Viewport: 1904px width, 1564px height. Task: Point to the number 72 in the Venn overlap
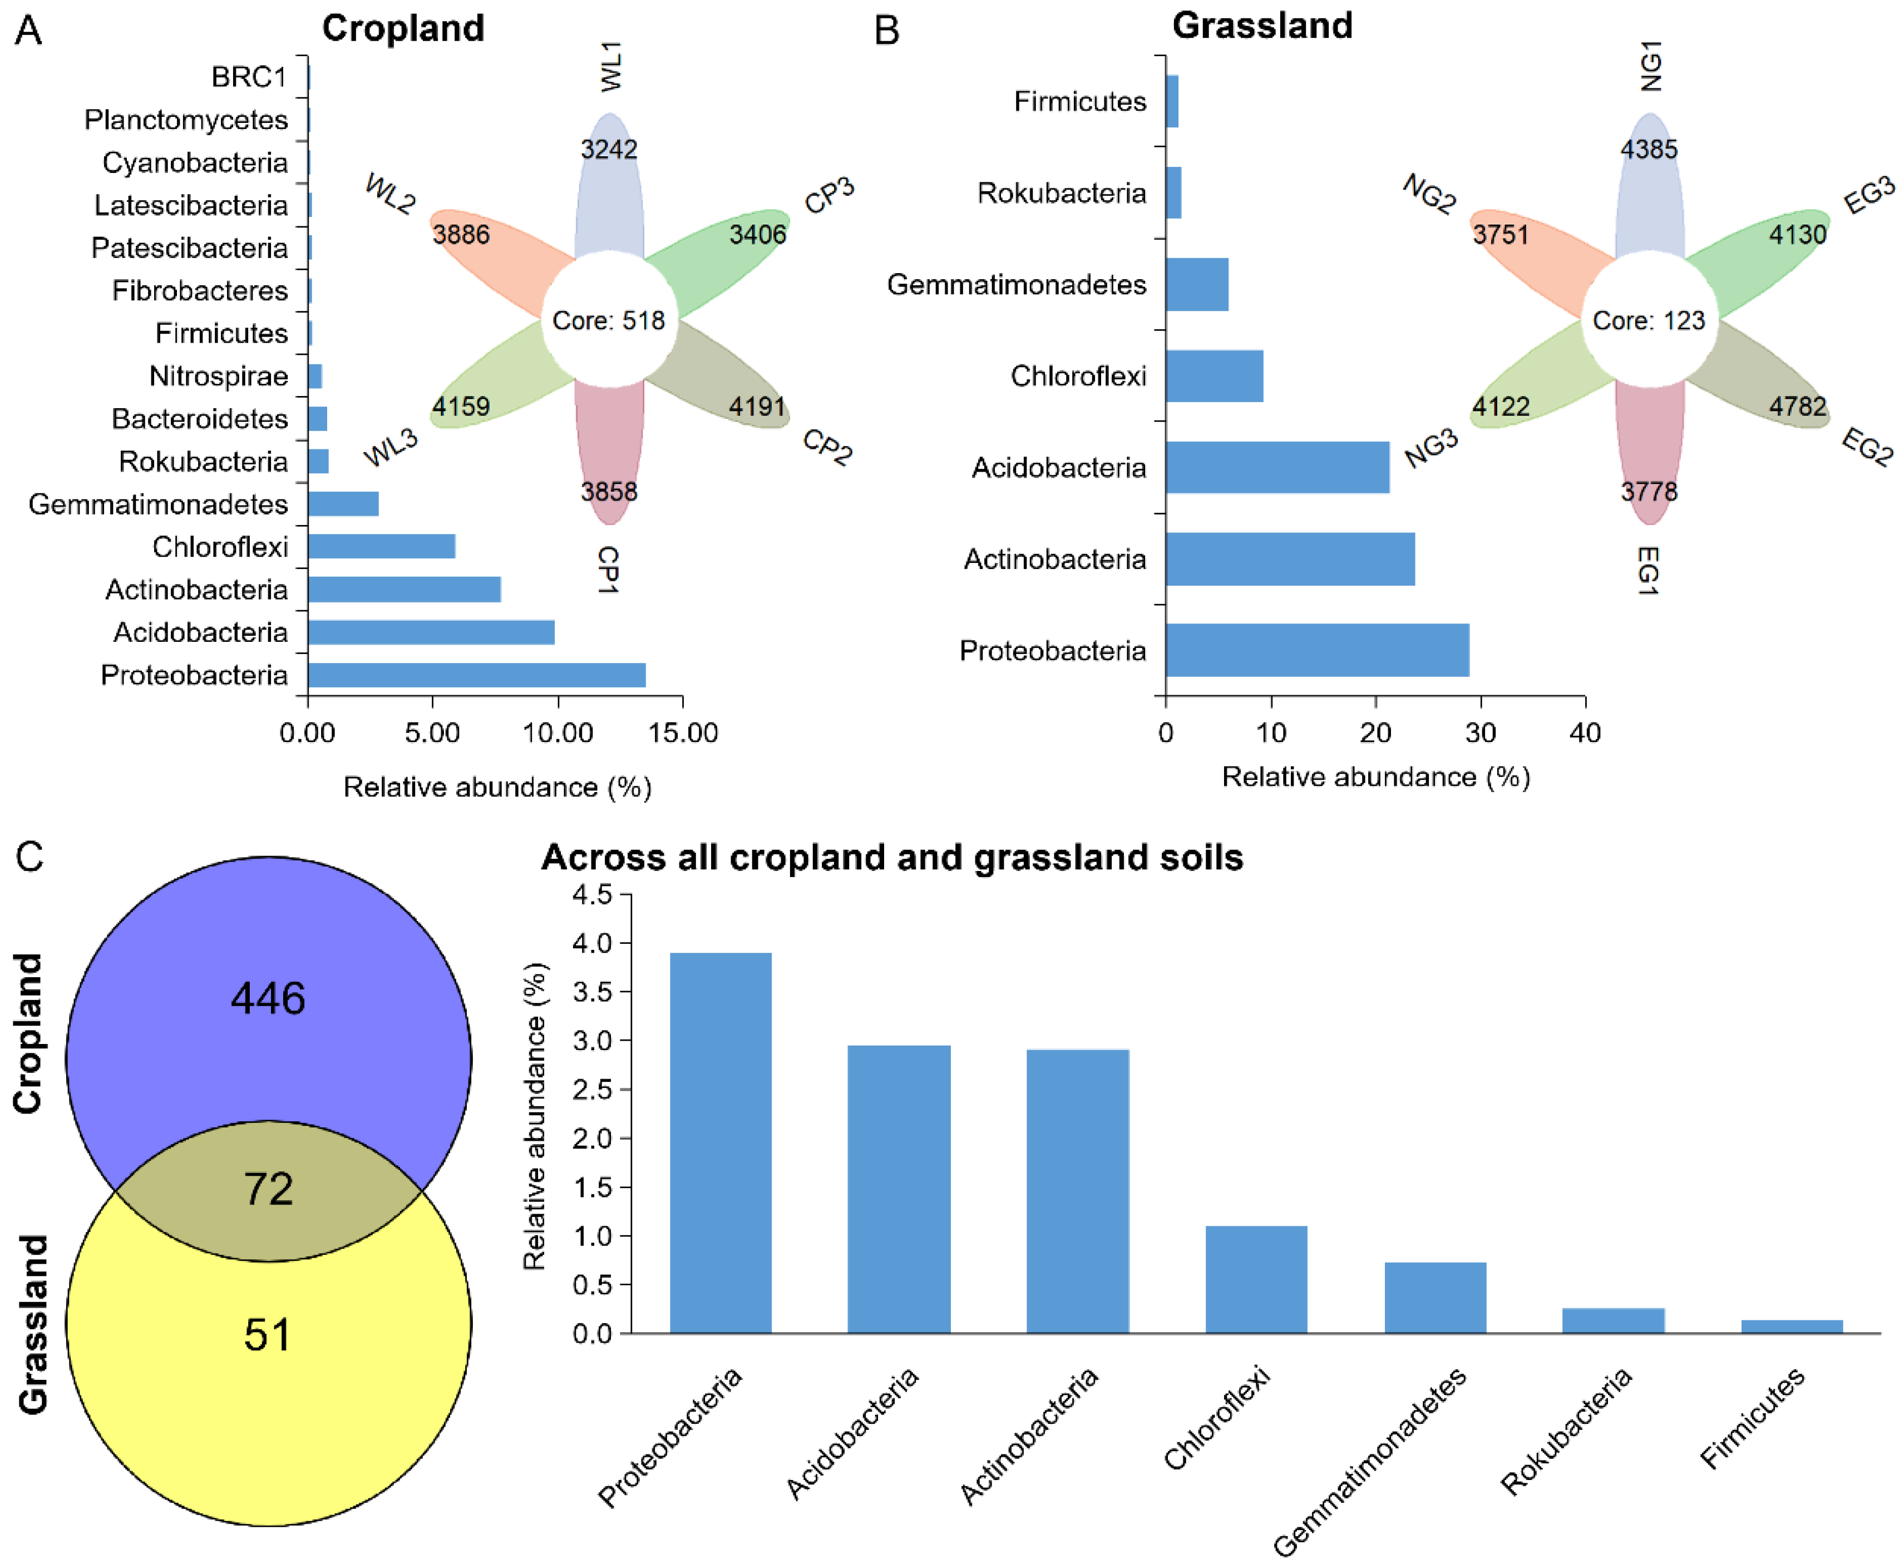[269, 1189]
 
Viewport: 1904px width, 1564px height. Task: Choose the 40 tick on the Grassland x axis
[1585, 732]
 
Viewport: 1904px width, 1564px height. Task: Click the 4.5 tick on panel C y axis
[592, 894]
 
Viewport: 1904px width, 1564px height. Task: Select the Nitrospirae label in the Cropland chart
[219, 375]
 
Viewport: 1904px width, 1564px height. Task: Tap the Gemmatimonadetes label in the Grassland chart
[1017, 285]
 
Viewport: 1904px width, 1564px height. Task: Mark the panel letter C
[29, 857]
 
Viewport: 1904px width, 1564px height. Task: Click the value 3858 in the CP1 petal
[609, 492]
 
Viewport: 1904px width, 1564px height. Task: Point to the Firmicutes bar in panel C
[1792, 1326]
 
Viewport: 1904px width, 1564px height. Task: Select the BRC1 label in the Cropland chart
[249, 77]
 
